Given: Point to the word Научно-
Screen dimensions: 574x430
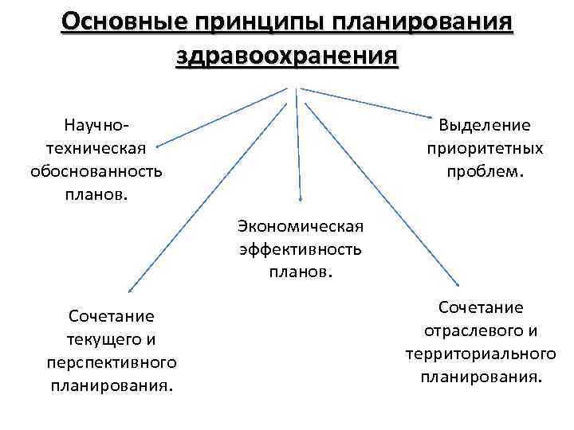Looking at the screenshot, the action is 96,126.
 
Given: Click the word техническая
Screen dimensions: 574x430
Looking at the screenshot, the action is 96,148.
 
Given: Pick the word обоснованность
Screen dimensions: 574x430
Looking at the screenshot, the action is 96,170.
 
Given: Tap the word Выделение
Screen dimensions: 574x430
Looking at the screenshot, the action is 485,126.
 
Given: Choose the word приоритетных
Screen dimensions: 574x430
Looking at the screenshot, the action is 485,148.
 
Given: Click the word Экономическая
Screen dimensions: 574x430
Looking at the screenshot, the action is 300,227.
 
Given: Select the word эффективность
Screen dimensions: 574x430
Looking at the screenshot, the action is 300,249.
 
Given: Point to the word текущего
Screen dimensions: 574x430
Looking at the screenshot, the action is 104,339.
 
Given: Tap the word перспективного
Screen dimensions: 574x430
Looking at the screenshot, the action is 111,362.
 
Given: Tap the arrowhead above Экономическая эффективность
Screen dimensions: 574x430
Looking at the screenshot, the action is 301,198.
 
